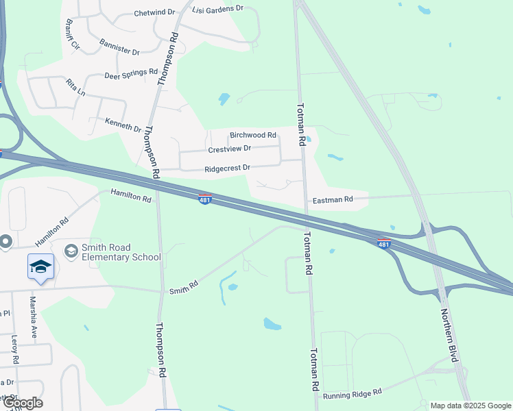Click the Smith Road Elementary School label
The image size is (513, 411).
click(x=121, y=252)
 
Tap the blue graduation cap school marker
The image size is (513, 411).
click(x=40, y=266)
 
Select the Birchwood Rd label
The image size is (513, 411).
click(x=252, y=136)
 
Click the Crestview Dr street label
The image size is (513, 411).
click(x=229, y=149)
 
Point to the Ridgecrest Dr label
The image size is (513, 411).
click(x=227, y=168)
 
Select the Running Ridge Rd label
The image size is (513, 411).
click(x=353, y=395)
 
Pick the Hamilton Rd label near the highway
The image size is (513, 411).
click(x=130, y=197)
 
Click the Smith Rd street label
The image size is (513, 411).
click(x=184, y=287)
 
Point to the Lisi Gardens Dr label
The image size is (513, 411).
click(x=218, y=8)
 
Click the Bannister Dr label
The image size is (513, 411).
click(x=119, y=48)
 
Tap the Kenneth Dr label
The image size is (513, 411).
click(x=123, y=125)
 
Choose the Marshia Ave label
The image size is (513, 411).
click(x=32, y=316)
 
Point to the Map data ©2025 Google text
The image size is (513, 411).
click(x=470, y=406)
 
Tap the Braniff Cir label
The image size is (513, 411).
click(x=71, y=40)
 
